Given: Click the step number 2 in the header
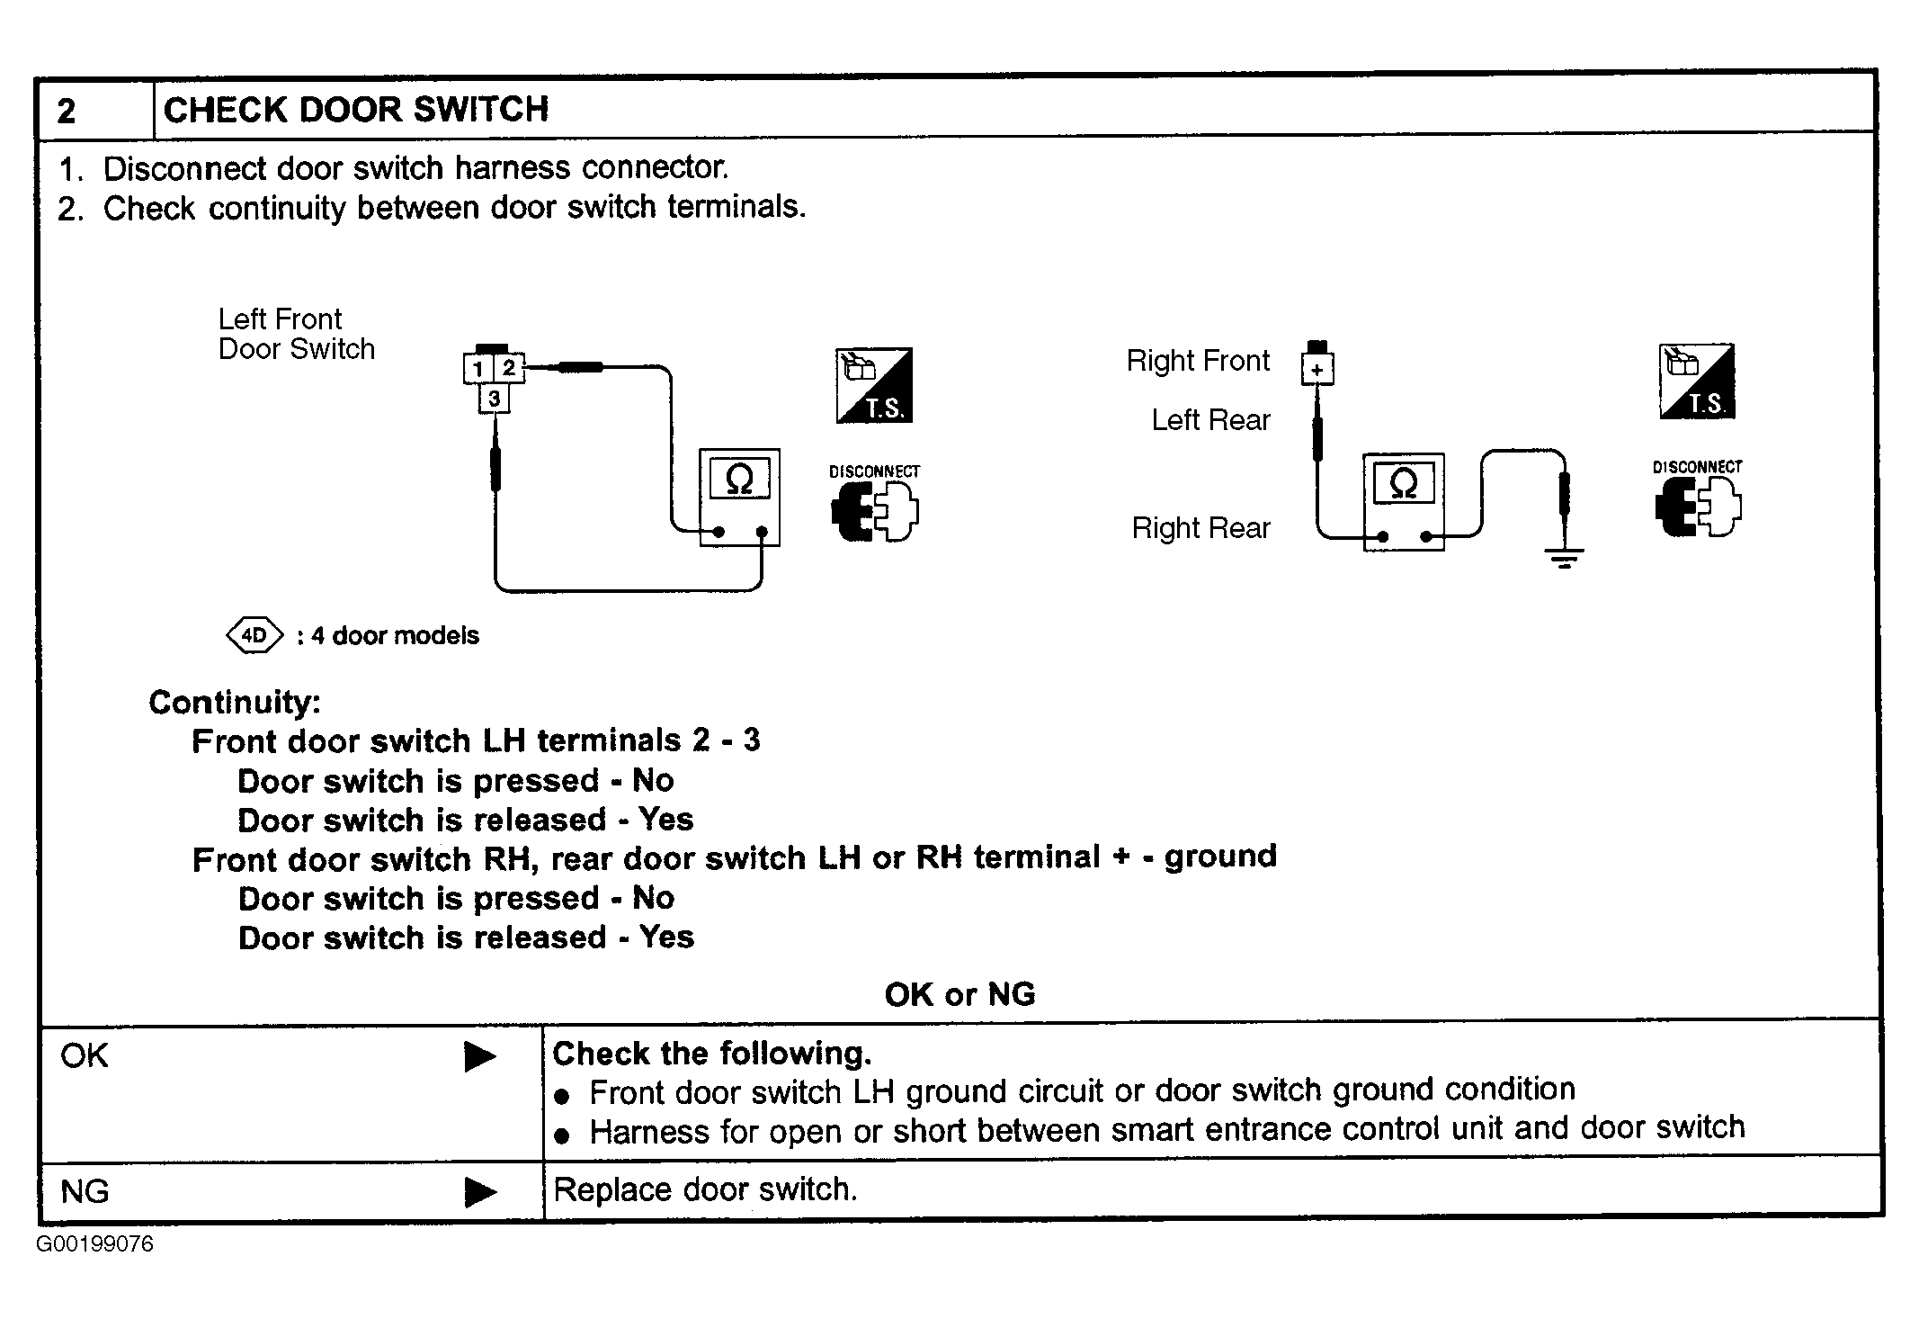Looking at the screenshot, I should tap(67, 112).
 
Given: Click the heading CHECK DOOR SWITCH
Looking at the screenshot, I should tap(356, 110).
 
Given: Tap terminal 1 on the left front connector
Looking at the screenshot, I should tap(478, 368).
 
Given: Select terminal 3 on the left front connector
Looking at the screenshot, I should tap(494, 398).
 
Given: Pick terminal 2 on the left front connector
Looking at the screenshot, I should tap(509, 367).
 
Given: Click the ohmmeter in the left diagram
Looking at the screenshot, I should tap(739, 497).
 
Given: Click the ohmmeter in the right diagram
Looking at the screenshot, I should tap(1404, 501).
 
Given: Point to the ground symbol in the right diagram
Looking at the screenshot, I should tap(1565, 559).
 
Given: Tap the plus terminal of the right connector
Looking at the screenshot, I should tap(1317, 369).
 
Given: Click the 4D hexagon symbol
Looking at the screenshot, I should tap(254, 636).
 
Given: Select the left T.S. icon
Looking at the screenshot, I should tap(874, 385).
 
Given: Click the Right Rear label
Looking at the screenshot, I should tap(1200, 528).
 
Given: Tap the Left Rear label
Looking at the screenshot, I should tap(1210, 420).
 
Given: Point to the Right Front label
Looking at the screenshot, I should tap(1198, 361).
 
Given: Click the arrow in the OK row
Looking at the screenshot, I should tap(480, 1056).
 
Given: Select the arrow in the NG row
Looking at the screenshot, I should tap(480, 1192).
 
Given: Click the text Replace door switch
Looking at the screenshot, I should tap(705, 1189).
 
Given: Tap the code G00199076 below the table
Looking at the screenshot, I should tap(95, 1244).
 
